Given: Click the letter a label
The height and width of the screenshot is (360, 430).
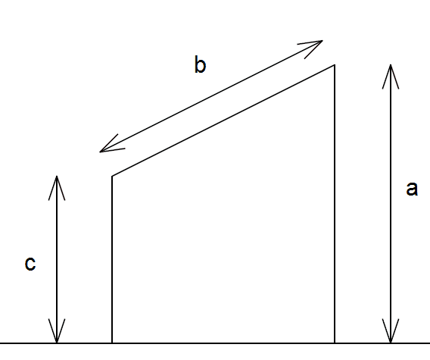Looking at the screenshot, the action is (412, 189).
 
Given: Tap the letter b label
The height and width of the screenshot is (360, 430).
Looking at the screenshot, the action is (200, 64).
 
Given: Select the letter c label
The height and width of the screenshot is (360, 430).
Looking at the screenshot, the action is (30, 264).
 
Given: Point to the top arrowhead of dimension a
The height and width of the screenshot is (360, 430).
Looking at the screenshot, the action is (391, 65).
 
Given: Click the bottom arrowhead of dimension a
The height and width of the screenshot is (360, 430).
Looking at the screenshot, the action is (391, 343).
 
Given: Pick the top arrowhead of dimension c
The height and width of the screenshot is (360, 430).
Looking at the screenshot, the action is (57, 176).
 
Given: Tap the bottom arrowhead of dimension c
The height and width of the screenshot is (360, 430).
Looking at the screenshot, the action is (57, 343).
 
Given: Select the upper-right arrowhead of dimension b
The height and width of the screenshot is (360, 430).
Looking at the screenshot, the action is (322, 41).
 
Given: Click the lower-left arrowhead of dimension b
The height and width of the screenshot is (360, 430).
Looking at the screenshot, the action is (100, 152).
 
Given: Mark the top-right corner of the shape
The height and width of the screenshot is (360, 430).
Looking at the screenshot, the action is (335, 65).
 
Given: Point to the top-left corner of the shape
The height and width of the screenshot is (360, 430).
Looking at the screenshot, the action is (112, 176).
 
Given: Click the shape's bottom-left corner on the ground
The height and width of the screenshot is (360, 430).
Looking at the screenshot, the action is (112, 343).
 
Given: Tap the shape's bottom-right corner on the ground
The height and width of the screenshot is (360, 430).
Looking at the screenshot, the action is (335, 343).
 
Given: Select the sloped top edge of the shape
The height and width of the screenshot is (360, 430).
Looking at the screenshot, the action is (223, 121).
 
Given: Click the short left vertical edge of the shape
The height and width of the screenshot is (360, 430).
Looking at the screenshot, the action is (112, 259).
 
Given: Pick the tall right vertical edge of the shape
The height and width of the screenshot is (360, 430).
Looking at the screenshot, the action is (335, 204).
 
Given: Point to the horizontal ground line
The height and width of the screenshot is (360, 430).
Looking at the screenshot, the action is (215, 343).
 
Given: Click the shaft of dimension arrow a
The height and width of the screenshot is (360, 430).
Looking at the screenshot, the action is (391, 204).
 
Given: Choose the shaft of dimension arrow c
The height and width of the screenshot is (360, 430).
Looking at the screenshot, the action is (57, 259).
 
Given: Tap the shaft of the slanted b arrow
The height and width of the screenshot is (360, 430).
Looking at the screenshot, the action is (211, 96).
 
